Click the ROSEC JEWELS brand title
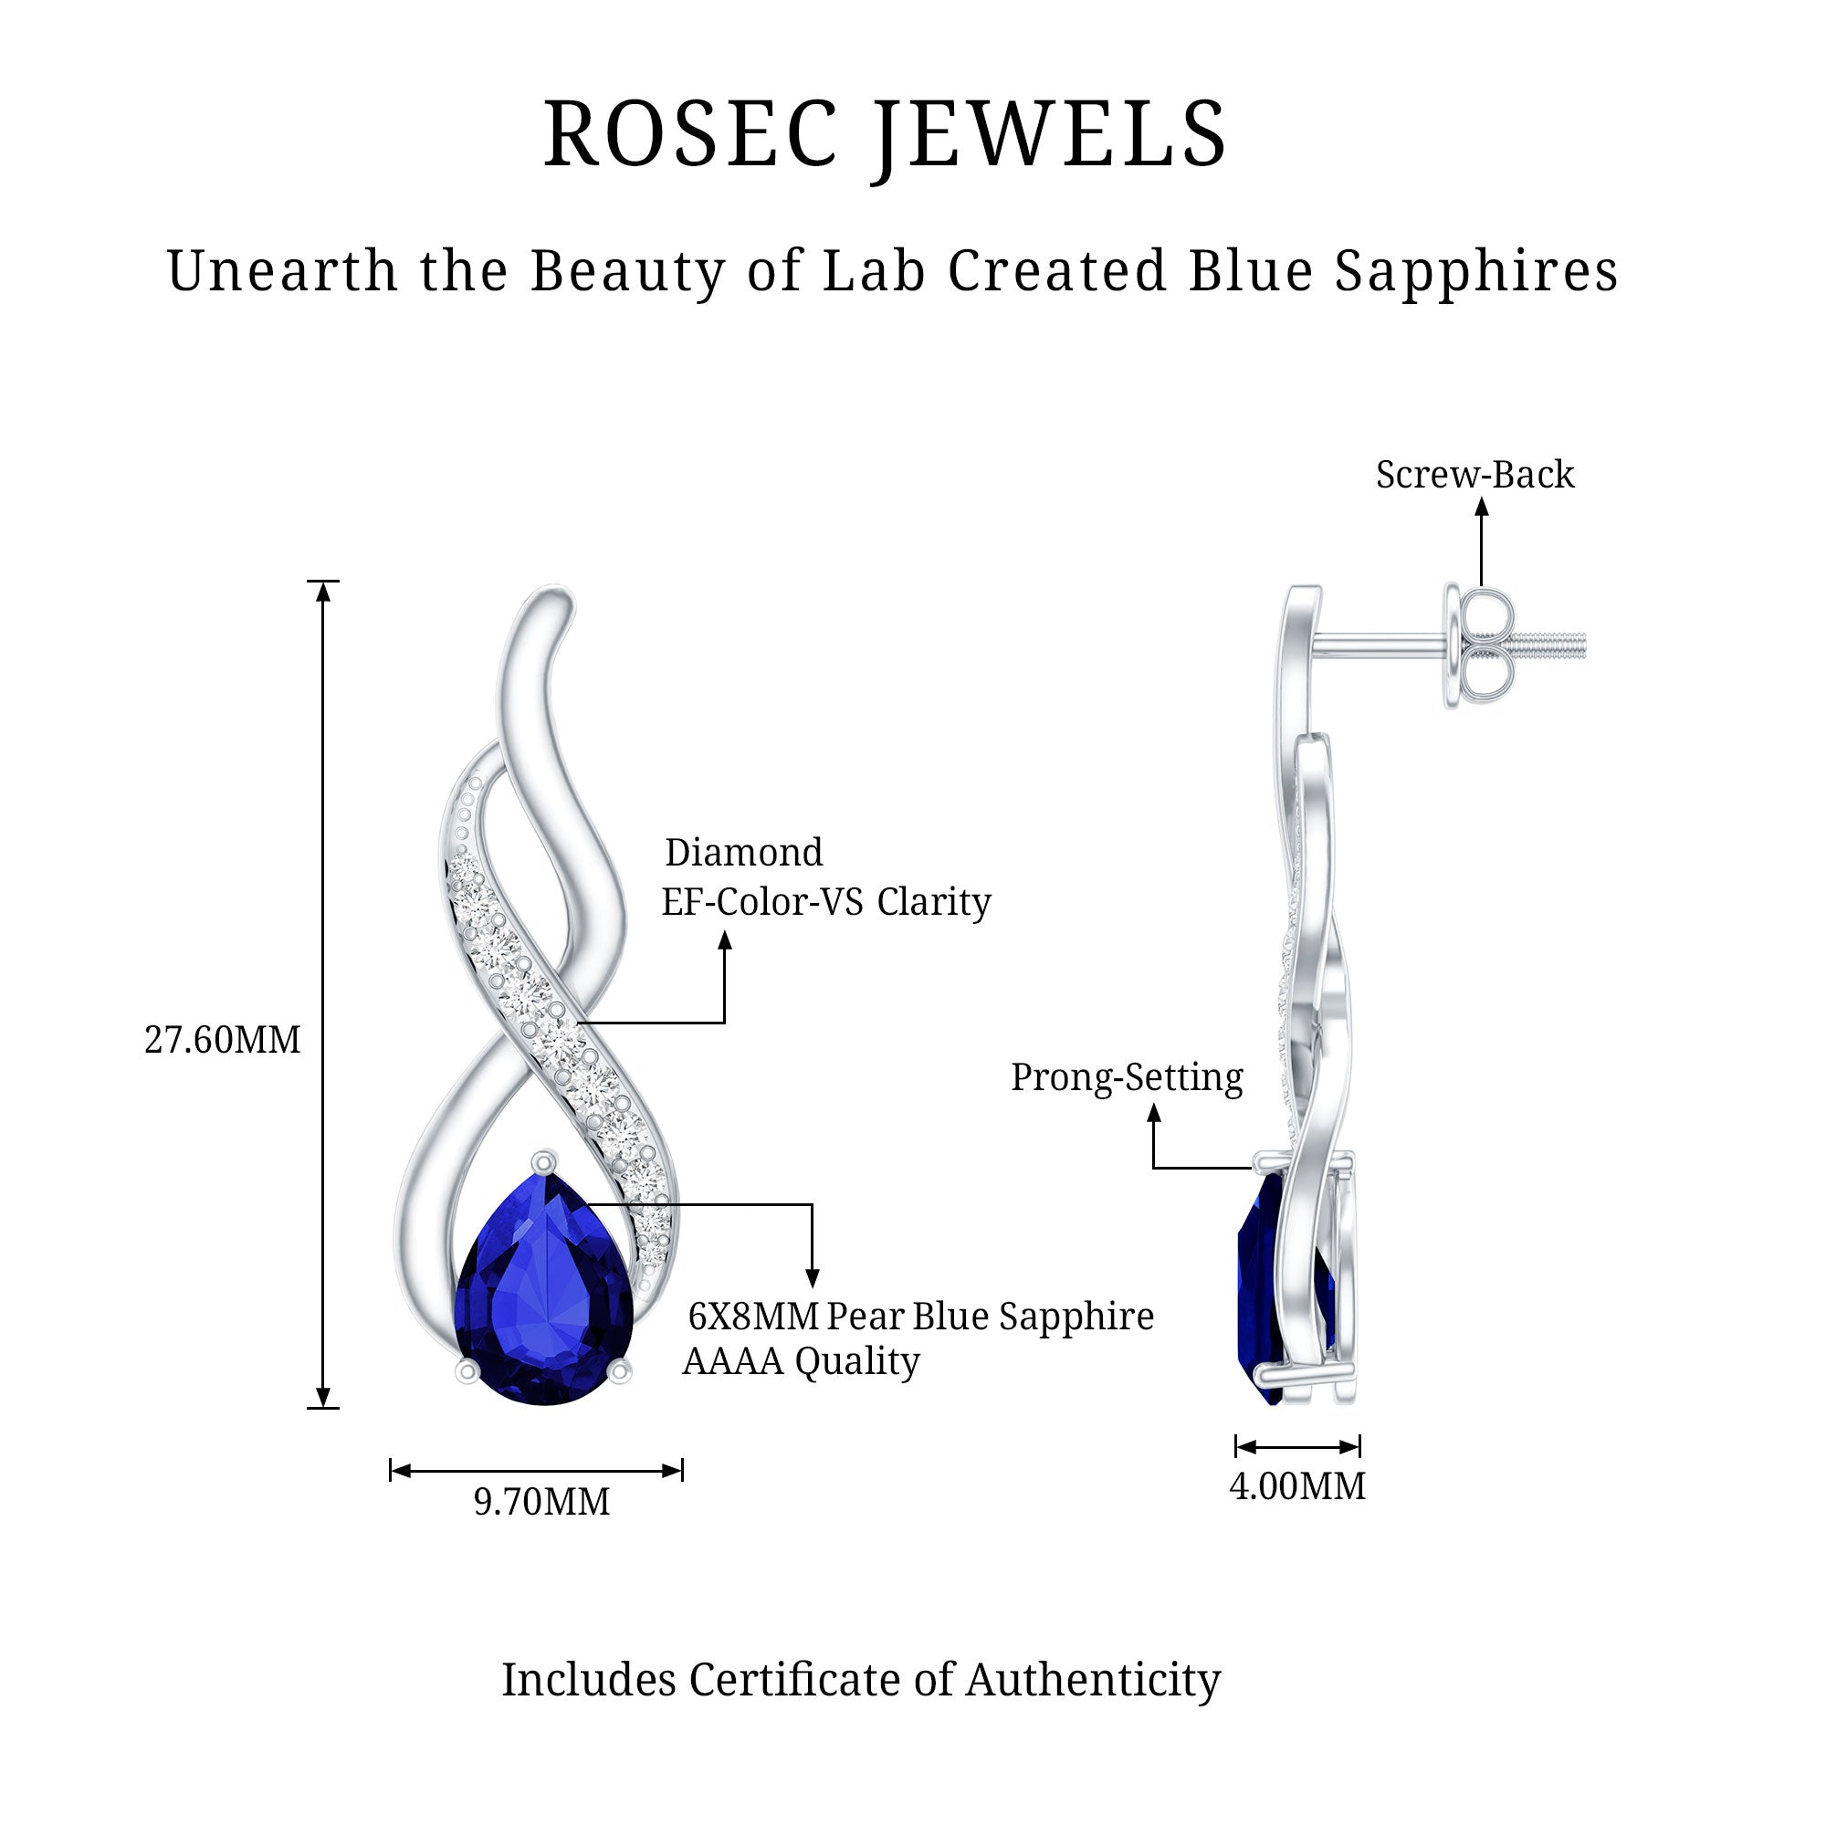885,135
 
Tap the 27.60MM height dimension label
222,1041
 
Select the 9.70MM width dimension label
541,1502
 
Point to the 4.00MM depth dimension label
1296,1486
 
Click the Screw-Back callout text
1474,476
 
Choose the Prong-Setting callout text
1127,1077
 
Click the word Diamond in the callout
744,853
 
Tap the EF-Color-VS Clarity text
825,903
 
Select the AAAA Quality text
801,1362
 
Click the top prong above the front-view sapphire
542,1161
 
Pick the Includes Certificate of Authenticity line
860,1681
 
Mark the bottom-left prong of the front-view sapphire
467,1371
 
